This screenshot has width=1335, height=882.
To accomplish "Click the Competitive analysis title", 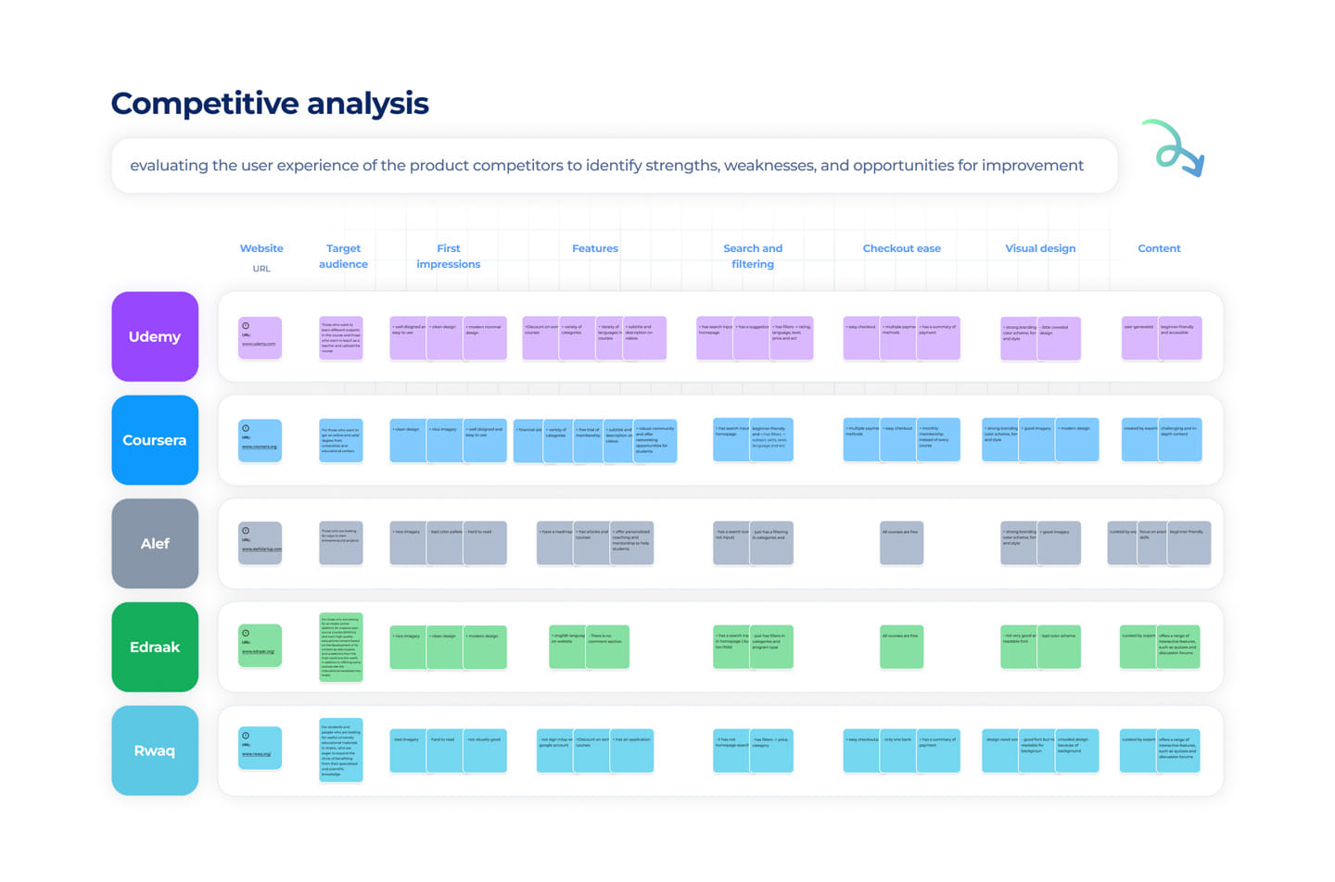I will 270,104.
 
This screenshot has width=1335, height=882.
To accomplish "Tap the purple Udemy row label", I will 155,336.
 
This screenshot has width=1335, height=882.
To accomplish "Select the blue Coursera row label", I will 155,440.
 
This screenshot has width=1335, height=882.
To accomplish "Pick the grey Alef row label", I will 155,544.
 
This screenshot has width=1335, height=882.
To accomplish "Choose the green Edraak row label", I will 155,647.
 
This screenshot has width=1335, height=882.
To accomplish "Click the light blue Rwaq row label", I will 155,750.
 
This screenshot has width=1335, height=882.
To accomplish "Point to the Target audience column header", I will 343,256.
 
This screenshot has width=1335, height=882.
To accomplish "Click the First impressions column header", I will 449,256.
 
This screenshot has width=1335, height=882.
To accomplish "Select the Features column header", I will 595,248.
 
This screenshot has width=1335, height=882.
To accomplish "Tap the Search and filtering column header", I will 753,256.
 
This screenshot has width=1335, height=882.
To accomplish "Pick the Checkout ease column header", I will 901,248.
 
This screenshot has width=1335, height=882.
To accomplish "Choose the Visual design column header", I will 1040,248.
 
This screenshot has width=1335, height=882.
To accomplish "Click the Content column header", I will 1159,248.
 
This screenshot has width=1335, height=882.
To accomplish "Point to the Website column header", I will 261,248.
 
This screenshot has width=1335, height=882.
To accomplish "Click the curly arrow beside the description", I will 1175,148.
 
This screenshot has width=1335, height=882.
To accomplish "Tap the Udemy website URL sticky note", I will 260,338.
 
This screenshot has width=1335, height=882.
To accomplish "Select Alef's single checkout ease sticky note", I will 901,543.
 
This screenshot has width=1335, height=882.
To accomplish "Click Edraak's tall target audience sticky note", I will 340,648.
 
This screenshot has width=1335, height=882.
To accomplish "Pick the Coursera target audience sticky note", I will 340,440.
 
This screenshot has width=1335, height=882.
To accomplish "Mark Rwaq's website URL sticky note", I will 260,749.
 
